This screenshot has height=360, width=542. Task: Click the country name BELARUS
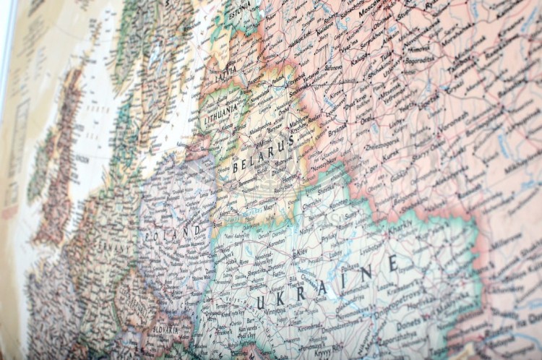(264, 153)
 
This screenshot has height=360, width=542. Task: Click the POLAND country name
(173, 233)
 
